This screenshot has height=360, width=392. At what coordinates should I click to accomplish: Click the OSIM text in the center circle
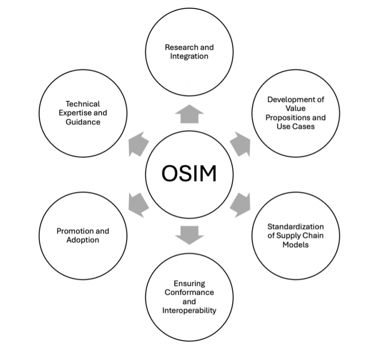pyautogui.click(x=189, y=174)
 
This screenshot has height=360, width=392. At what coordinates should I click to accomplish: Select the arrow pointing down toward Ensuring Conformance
pyautogui.click(x=189, y=234)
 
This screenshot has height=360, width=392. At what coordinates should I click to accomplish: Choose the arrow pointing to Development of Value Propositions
pyautogui.click(x=240, y=144)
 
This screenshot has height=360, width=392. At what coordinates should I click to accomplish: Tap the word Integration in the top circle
pyautogui.click(x=189, y=56)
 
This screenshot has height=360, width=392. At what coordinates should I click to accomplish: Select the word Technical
pyautogui.click(x=83, y=104)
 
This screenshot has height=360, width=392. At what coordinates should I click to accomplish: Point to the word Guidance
pyautogui.click(x=83, y=122)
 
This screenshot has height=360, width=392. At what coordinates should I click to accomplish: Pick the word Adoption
pyautogui.click(x=83, y=240)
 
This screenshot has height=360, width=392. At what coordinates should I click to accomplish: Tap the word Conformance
pyautogui.click(x=189, y=292)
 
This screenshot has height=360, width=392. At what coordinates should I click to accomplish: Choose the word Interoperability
pyautogui.click(x=189, y=310)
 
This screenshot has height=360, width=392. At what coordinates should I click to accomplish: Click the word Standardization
pyautogui.click(x=296, y=226)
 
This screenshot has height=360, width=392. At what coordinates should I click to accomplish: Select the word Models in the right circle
pyautogui.click(x=296, y=244)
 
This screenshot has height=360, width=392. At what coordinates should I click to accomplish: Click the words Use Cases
pyautogui.click(x=296, y=126)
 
